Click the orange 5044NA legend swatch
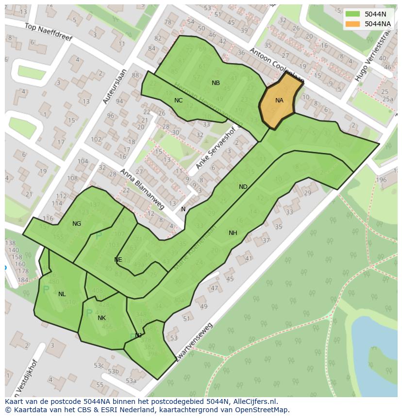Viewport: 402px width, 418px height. [x=353, y=24]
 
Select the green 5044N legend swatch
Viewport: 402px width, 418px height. [x=353, y=14]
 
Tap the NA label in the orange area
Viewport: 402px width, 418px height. [x=279, y=100]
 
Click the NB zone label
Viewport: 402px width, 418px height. [x=216, y=83]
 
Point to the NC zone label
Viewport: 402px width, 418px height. [x=178, y=100]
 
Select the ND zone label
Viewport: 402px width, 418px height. [x=243, y=187]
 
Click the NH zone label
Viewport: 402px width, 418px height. [x=233, y=233]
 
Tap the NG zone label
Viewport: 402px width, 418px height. [x=77, y=224]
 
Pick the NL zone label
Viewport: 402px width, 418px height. [x=62, y=294]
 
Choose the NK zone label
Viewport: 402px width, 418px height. [x=101, y=318]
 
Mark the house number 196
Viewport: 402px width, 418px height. [x=381, y=180]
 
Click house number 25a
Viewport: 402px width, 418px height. [x=387, y=99]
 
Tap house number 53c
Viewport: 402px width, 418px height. [x=99, y=366]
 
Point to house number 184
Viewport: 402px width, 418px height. [x=23, y=280]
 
